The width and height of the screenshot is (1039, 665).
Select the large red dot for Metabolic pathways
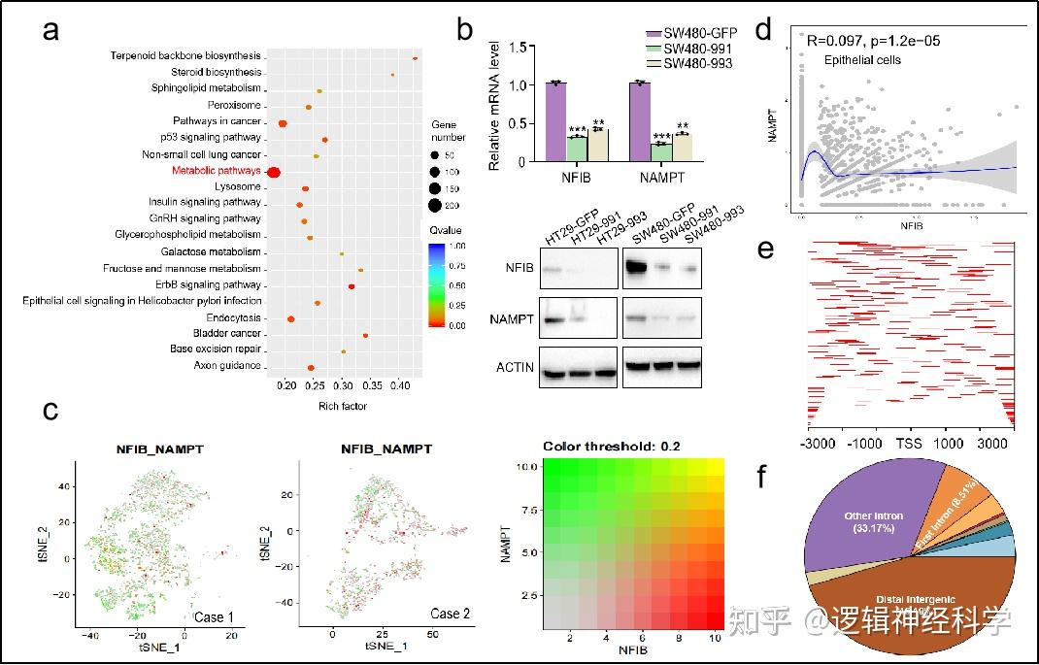[x=274, y=173]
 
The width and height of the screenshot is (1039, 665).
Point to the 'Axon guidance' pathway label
[x=227, y=366]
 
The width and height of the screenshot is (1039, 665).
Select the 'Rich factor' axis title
[x=342, y=406]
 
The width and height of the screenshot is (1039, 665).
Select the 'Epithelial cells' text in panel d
[x=862, y=60]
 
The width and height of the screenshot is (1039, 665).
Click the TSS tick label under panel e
[x=909, y=444]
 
